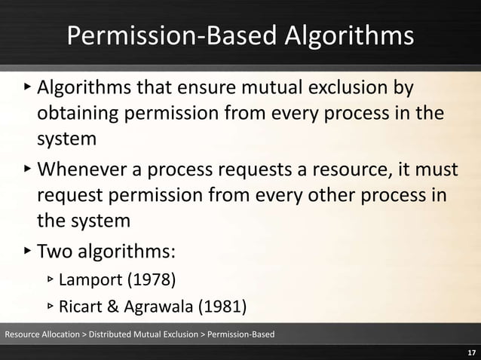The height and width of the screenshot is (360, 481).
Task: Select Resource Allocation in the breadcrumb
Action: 41,333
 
